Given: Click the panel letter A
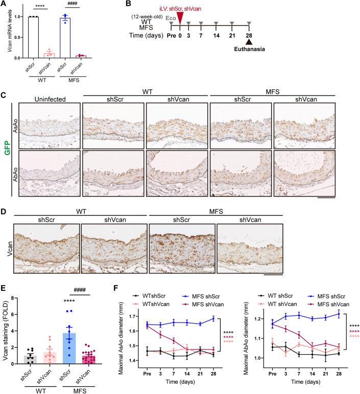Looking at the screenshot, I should [4, 5].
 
